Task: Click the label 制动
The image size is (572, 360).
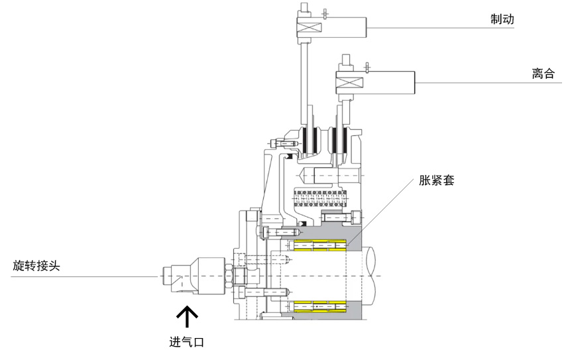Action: click(x=502, y=19)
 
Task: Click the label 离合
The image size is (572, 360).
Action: click(x=543, y=74)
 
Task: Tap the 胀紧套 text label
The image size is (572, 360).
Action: click(x=437, y=180)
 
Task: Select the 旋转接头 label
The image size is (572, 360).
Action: click(x=36, y=265)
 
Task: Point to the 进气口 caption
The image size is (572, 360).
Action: click(x=186, y=341)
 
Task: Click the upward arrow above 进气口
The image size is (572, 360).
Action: click(x=187, y=316)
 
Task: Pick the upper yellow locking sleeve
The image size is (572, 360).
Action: click(x=320, y=245)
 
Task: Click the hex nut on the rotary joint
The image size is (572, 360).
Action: click(x=229, y=276)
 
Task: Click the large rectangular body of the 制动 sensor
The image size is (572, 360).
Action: click(x=345, y=27)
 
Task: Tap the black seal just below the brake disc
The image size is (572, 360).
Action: click(x=290, y=157)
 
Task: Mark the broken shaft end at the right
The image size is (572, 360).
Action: click(x=371, y=276)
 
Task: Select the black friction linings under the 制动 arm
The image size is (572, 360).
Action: click(x=310, y=140)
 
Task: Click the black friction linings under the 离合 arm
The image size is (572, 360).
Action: click(x=339, y=140)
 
